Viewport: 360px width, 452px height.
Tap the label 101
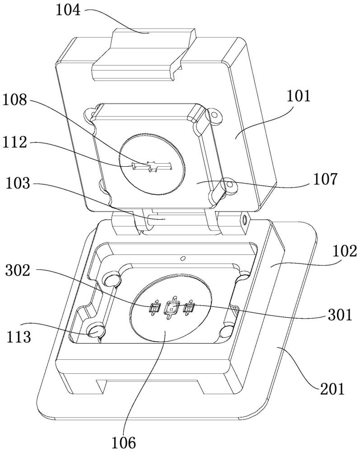[299, 96]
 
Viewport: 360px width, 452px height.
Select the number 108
[15, 100]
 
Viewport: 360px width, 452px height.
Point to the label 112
[15, 142]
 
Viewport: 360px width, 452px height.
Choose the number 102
[345, 251]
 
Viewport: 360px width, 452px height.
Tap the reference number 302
[18, 271]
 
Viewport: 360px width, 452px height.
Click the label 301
[340, 315]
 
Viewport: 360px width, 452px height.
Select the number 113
[19, 337]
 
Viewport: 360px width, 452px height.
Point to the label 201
[332, 390]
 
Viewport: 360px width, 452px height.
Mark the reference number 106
[123, 443]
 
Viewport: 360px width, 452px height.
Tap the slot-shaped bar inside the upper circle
[151, 166]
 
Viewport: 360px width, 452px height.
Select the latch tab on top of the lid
[144, 55]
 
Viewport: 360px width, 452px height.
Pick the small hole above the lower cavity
[182, 258]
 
